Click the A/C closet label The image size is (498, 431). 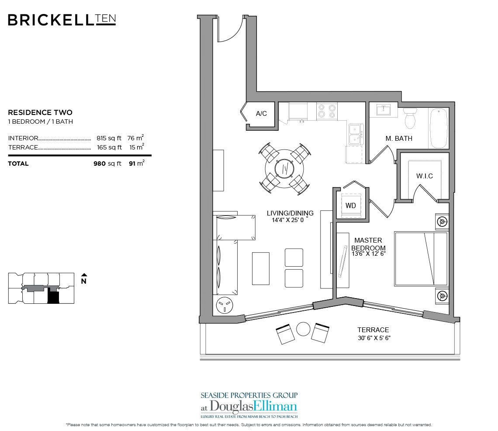click(x=261, y=114)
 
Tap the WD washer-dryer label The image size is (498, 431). click(x=351, y=205)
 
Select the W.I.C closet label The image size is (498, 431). click(x=424, y=176)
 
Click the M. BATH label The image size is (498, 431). click(x=398, y=139)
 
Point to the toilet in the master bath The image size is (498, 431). click(x=410, y=118)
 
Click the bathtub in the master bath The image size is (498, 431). click(x=438, y=125)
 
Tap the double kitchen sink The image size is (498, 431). click(x=354, y=134)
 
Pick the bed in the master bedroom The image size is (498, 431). click(x=421, y=259)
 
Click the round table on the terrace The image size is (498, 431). click(x=302, y=329)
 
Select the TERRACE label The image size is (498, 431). click(x=373, y=330)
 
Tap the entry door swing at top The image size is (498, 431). click(x=229, y=30)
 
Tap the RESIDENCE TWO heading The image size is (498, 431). click(x=40, y=113)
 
